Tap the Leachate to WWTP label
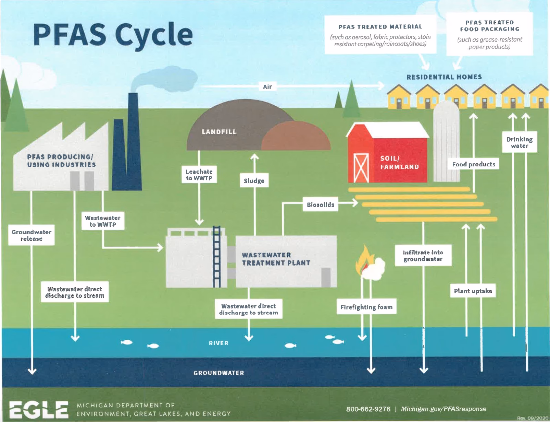click(199, 175)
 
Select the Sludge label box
click(254, 181)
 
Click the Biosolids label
click(320, 205)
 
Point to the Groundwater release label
click(32, 235)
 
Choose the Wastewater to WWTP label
click(103, 221)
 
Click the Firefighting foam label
click(366, 307)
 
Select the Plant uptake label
click(473, 291)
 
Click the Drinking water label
click(520, 142)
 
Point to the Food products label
click(474, 164)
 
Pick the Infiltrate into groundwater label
click(423, 256)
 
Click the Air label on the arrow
click(267, 87)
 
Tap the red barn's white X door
click(361, 168)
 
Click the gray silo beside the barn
click(447, 144)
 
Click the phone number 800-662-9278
click(368, 409)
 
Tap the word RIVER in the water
click(218, 343)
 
